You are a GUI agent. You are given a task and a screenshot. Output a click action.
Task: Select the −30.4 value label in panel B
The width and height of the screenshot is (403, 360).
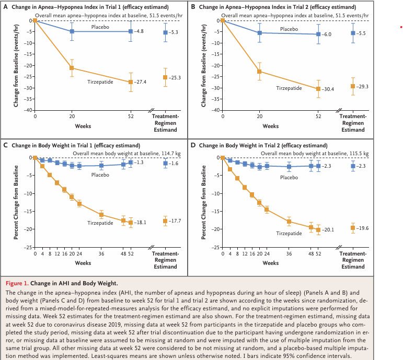329,89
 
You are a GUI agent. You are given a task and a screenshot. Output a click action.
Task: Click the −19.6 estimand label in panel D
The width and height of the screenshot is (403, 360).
363,228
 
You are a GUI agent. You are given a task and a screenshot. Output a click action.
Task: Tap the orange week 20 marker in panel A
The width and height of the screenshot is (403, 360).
72,68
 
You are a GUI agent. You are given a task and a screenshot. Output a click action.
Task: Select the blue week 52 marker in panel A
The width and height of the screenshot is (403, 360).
131,31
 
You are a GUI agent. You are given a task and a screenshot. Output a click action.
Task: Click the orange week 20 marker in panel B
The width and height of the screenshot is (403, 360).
259,72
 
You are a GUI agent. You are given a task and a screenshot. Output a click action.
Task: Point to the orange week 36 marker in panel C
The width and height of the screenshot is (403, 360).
101,215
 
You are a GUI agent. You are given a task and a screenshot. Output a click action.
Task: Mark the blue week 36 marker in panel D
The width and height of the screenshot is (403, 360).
289,167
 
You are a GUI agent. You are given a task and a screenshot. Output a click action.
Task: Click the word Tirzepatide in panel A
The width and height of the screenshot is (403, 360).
100,82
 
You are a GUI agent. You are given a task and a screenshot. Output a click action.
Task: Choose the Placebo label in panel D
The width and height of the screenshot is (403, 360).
289,178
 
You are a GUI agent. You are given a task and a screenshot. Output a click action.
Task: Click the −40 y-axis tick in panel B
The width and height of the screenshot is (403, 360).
213,110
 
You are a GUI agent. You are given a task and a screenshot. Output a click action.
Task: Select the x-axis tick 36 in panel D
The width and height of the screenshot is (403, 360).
289,253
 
